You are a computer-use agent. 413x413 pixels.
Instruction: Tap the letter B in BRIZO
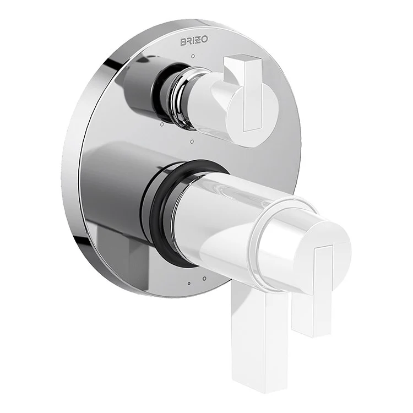183,42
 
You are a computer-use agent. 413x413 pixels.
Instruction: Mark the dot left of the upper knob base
160,125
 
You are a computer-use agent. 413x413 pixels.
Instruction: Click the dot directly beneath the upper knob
191,142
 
